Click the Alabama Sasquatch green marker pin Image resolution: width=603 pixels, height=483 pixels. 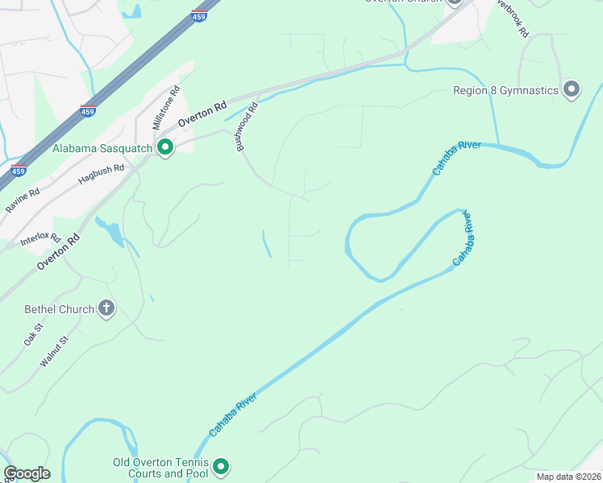pos(165,147)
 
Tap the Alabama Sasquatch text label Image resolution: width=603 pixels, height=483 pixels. pos(102,148)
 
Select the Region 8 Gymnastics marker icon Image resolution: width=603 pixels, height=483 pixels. pos(572,89)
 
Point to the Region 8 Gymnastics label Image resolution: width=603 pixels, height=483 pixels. pos(505,90)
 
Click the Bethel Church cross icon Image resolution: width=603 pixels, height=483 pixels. pos(106,308)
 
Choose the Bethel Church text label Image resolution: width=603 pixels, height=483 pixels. pos(60,308)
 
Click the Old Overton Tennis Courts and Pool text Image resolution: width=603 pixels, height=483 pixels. pos(161,468)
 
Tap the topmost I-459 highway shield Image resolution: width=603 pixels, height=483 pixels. pos(198,15)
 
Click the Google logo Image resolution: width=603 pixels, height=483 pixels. pos(27,473)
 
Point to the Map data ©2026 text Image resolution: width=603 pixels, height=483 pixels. pos(568,477)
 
